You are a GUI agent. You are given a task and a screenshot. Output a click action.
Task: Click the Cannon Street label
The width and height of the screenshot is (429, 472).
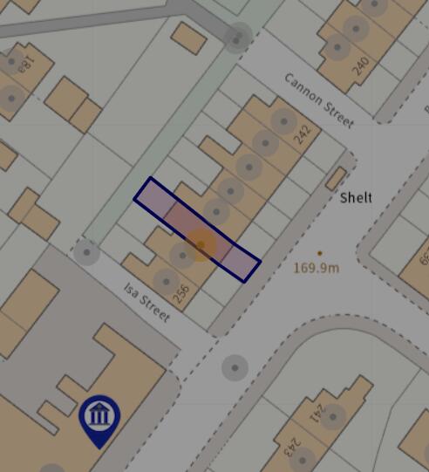click(x=318, y=99)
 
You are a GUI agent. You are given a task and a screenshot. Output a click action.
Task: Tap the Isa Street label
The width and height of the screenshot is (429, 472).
click(x=146, y=301)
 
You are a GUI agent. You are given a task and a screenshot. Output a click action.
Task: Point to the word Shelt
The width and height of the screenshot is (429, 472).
click(x=356, y=198)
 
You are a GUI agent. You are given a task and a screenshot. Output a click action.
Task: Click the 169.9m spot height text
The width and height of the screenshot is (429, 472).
click(x=316, y=268)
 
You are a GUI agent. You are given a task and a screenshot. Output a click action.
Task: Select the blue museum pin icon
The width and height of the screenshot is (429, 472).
click(x=99, y=419)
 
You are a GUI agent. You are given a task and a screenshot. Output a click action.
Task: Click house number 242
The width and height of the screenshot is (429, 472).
click(x=303, y=134)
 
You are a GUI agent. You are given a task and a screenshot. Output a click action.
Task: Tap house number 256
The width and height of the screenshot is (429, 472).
click(x=181, y=293)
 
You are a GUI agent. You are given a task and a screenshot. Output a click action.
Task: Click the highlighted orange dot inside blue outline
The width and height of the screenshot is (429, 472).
click(x=201, y=245)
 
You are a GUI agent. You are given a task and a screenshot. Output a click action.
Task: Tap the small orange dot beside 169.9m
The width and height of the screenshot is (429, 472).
click(x=319, y=253)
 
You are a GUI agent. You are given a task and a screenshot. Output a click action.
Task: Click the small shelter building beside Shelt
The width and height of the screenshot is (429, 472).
click(x=335, y=178)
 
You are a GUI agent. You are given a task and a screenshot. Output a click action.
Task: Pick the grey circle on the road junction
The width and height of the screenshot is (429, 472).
click(x=235, y=367)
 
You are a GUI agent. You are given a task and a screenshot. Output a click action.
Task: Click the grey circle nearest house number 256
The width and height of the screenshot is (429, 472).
click(x=166, y=281)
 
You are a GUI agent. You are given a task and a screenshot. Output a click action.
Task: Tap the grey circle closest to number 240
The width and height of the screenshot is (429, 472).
click(x=355, y=29)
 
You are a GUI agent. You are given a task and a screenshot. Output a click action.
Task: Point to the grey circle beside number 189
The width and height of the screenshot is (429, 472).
click(x=10, y=63)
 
